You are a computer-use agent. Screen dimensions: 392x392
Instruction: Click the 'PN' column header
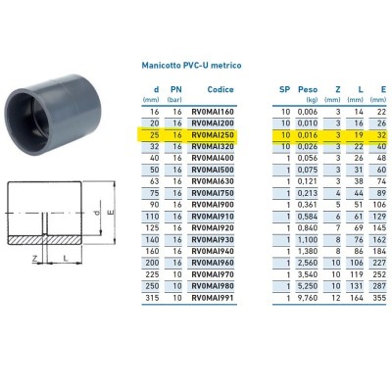pyautogui.click(x=177, y=89)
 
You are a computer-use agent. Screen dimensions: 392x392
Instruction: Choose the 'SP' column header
pyautogui.click(x=284, y=89)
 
